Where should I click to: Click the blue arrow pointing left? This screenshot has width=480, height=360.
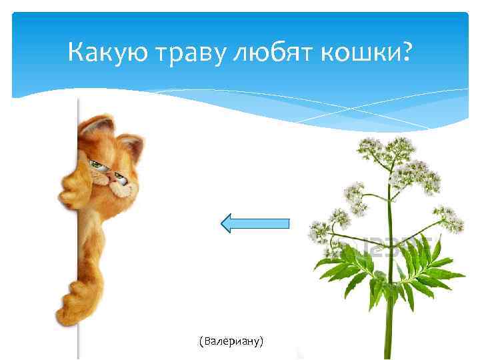pyautogui.click(x=256, y=223)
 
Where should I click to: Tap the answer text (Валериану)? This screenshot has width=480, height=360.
pyautogui.click(x=231, y=341)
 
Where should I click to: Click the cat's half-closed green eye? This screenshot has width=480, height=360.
pyautogui.click(x=99, y=163)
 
